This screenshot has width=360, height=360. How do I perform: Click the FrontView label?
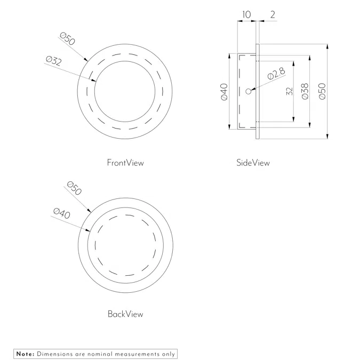coord(125,163)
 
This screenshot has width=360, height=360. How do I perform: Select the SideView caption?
coord(253,163)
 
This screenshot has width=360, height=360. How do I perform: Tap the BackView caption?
coord(125,314)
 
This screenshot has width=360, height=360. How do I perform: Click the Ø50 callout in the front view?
coord(68,39)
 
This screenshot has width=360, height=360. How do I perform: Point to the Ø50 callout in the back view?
coord(74,188)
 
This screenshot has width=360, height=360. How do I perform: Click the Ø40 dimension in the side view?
coord(224,91)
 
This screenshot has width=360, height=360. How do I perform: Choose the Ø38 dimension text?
coord(304,91)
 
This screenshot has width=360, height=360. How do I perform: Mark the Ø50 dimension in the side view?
coord(322,91)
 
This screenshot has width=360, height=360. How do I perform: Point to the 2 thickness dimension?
coord(273,14)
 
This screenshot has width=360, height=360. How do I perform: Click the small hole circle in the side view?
coord(249,92)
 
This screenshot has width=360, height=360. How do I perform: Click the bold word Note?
coord(25,354)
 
